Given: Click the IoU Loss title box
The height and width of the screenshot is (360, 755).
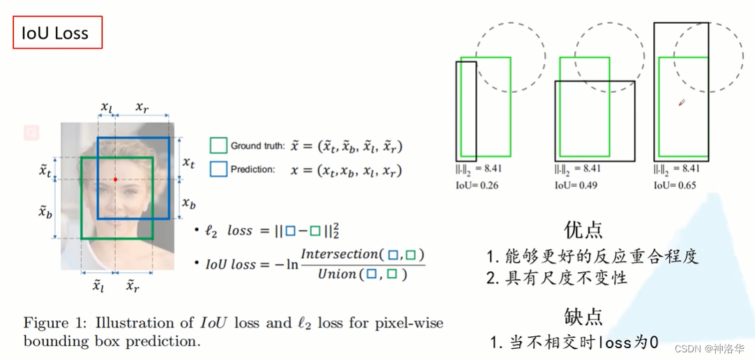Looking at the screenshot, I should pyautogui.click(x=58, y=33).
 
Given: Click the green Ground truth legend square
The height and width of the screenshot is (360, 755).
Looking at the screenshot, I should pyautogui.click(x=218, y=145).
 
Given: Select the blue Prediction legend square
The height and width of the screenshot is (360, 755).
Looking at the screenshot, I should pyautogui.click(x=218, y=170).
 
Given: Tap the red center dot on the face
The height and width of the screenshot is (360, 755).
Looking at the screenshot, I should pyautogui.click(x=116, y=180).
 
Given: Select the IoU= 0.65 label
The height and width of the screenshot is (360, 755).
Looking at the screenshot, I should pyautogui.click(x=674, y=186).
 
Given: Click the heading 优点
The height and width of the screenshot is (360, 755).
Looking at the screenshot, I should pyautogui.click(x=583, y=230).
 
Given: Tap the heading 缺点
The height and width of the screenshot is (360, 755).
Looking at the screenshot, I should pyautogui.click(x=583, y=316).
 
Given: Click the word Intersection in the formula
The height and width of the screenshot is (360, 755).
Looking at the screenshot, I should pyautogui.click(x=340, y=253).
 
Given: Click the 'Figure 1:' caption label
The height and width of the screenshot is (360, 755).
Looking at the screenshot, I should pyautogui.click(x=56, y=323).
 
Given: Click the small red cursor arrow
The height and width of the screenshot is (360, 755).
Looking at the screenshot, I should pyautogui.click(x=682, y=102).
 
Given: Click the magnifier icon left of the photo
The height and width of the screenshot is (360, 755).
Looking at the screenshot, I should pyautogui.click(x=31, y=133).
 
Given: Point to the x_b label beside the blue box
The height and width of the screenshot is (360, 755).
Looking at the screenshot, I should pyautogui.click(x=188, y=203).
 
